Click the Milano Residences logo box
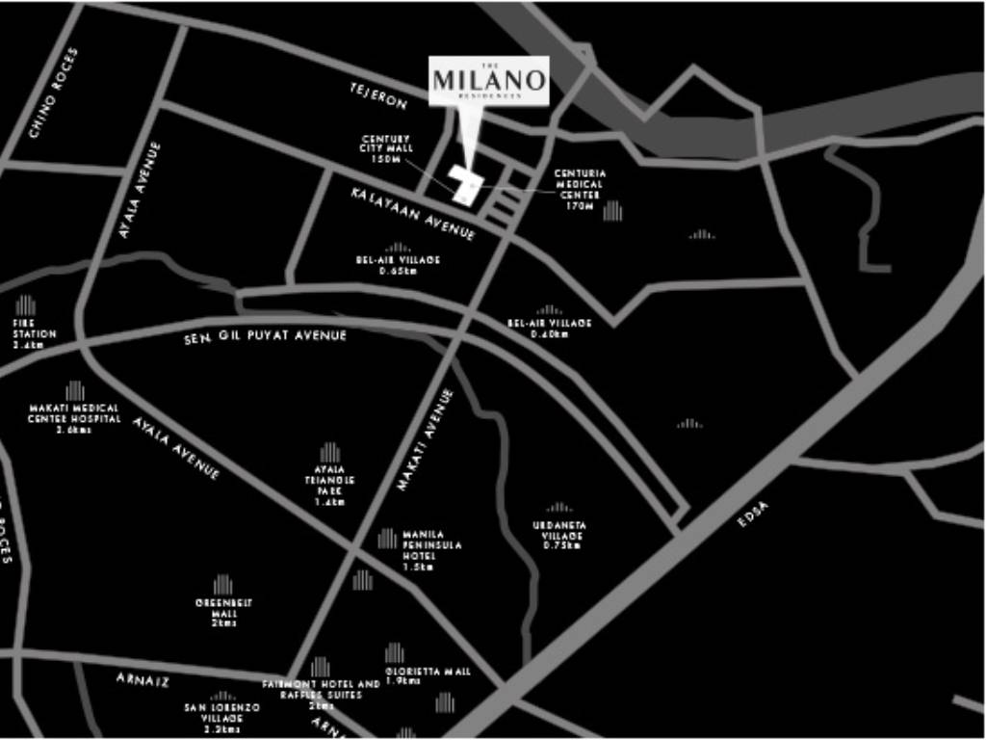(489, 81)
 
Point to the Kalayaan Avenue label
(413, 213)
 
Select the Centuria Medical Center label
(580, 189)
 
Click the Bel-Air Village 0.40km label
(550, 328)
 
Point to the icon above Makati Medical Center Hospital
(74, 390)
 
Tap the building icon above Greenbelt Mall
(222, 584)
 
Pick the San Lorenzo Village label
(221, 718)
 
